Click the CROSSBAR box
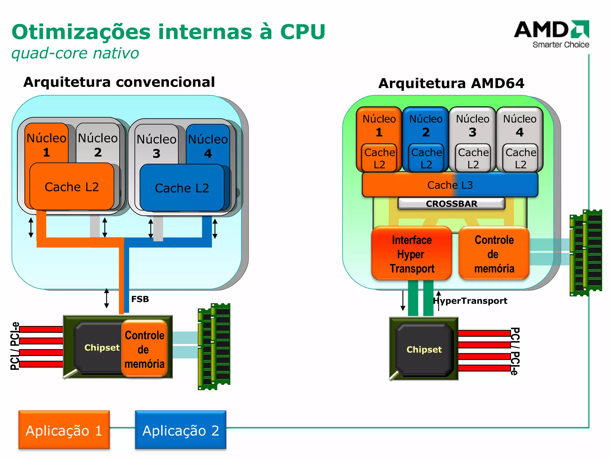coord(451,204)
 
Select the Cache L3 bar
coord(450,185)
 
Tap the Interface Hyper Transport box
coord(411,254)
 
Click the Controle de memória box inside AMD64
coord(494,254)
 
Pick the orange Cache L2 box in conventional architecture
coord(72,187)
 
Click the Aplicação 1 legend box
coord(64,430)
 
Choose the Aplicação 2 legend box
coord(180,430)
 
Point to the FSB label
coord(140,299)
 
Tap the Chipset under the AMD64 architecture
coord(424,349)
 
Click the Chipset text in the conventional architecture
coord(102,348)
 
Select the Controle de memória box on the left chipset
coord(144,349)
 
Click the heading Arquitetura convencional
coord(119,82)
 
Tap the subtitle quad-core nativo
coord(75,53)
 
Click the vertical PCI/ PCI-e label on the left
coord(15,346)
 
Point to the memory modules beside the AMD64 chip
coord(586,253)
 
